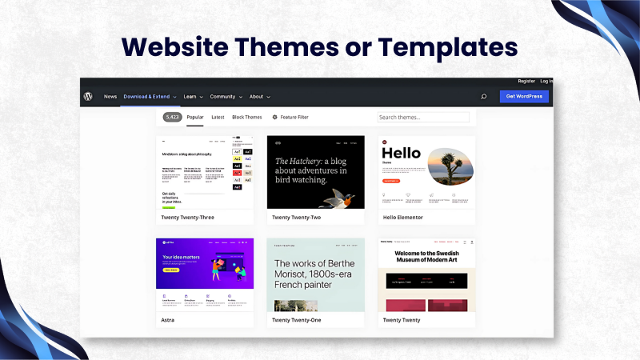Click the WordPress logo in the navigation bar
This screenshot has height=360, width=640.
88,97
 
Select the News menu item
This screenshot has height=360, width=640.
110,97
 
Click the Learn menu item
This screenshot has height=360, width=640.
193,97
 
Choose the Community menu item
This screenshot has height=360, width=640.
226,97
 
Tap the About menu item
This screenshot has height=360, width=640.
259,97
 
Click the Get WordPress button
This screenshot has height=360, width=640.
524,97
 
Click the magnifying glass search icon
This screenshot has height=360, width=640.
483,97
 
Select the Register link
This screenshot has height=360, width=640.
526,81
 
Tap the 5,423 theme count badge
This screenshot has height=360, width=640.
172,117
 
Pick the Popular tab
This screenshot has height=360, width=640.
195,117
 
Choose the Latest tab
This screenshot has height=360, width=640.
218,117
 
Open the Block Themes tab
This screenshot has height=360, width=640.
247,117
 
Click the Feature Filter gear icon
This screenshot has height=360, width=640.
275,117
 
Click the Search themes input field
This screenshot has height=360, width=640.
423,117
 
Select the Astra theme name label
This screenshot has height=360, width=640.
167,320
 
